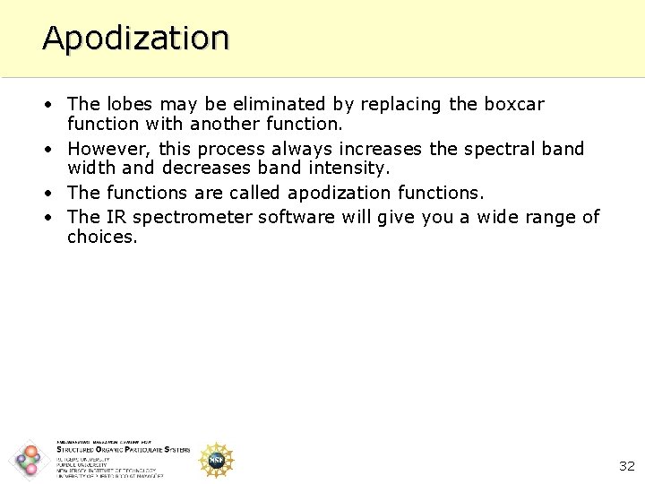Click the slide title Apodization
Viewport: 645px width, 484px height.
[x=135, y=38]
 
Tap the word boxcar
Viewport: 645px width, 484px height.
[x=513, y=104]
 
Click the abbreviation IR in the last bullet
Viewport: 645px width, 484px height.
[x=116, y=217]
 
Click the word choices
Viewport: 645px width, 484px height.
[x=102, y=238]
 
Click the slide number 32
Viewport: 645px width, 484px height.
[x=626, y=466]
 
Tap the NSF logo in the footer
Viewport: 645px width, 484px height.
[x=216, y=460]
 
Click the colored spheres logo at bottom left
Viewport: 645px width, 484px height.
[x=29, y=461]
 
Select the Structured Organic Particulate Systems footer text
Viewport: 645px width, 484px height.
[x=123, y=450]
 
